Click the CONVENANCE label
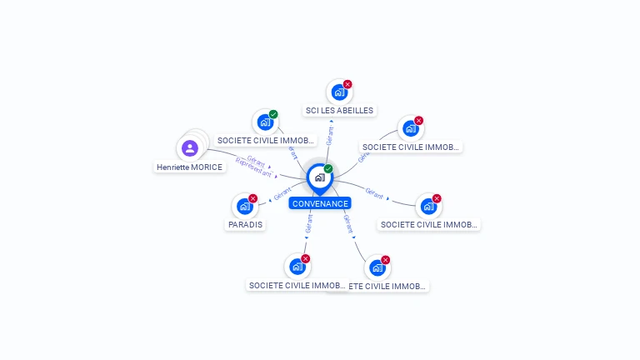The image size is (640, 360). (x=320, y=203)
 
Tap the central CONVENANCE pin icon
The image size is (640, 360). (x=319, y=178)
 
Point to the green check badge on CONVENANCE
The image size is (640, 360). (x=328, y=169)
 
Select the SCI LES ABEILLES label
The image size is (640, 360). (x=339, y=110)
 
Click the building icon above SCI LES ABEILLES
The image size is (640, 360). (x=338, y=92)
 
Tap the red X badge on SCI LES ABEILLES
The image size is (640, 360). (x=347, y=84)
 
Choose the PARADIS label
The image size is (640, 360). (x=245, y=224)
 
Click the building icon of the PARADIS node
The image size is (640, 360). (x=244, y=207)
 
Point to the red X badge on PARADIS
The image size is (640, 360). (x=253, y=198)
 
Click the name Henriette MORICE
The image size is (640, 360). (x=189, y=167)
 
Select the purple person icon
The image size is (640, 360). (x=190, y=148)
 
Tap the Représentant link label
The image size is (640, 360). (x=253, y=167)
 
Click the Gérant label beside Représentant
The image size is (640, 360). (x=256, y=159)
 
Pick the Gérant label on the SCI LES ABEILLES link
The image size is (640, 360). (x=332, y=136)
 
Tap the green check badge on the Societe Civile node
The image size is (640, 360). (x=273, y=114)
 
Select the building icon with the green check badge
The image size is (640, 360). (x=265, y=123)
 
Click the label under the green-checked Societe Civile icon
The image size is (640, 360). (x=266, y=141)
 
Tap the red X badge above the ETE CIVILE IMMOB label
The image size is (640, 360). (x=386, y=260)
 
